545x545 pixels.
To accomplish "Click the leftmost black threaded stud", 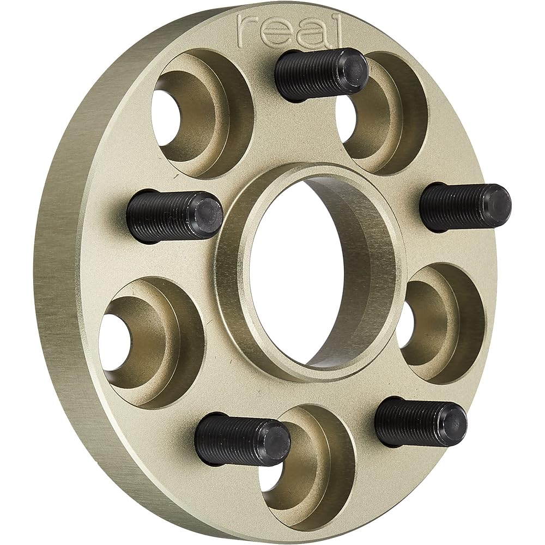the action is click(174, 217).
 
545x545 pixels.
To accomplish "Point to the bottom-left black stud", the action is click(243, 442).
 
